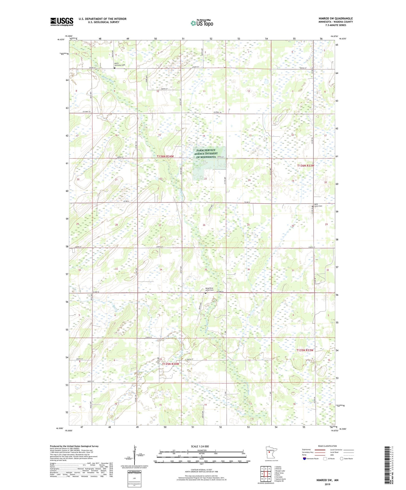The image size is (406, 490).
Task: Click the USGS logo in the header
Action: click(62, 22)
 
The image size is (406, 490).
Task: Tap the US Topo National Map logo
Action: click(202, 23)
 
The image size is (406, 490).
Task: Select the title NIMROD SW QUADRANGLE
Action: click(336, 18)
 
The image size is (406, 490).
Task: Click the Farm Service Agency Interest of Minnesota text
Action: click(206, 154)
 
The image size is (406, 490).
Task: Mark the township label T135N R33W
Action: click(305, 350)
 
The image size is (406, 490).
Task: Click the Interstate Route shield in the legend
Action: click(304, 459)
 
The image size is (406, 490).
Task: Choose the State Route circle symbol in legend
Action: click(342, 459)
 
